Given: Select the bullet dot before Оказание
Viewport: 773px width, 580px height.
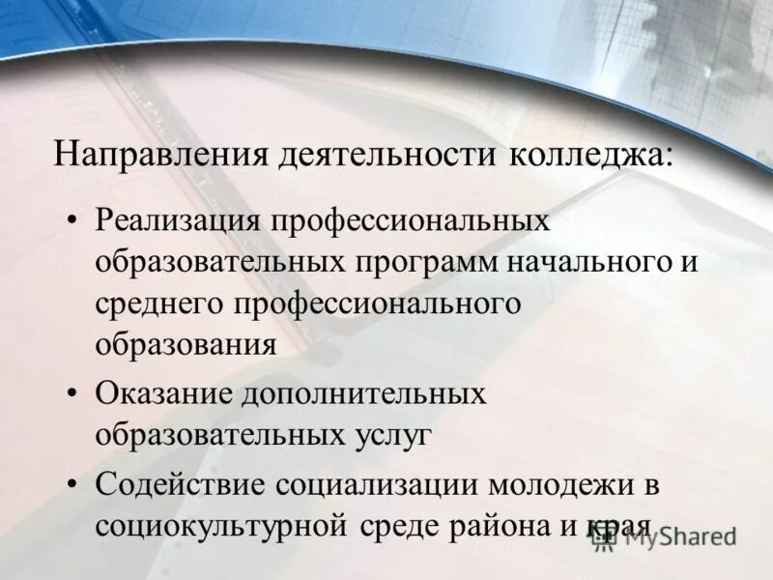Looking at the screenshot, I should click(73, 394).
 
